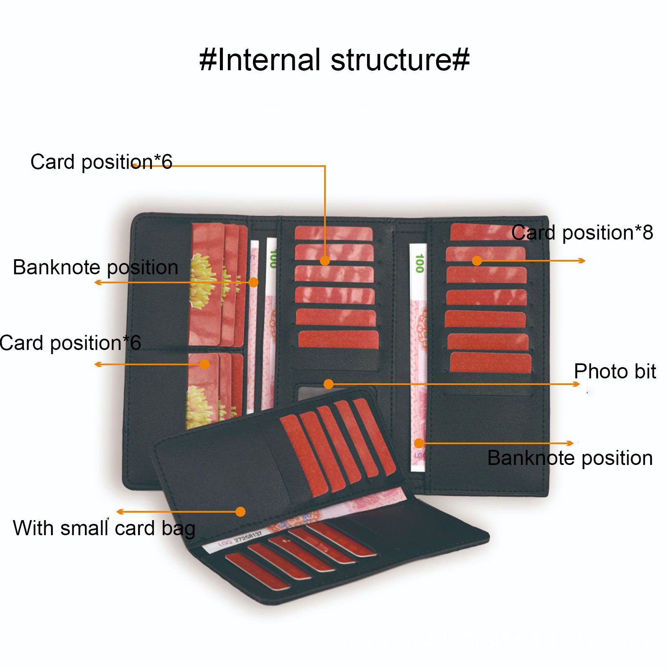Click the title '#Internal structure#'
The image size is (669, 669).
334,60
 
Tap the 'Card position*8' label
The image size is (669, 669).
582,232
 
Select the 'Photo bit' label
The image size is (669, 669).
615,371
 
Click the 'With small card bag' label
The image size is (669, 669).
104,528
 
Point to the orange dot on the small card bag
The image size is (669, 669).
240,511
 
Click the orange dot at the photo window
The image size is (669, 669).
329,384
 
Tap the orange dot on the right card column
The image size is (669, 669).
477,261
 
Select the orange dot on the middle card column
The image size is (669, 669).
325,260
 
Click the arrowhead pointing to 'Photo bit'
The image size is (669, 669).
577,384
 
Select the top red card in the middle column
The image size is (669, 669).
333,233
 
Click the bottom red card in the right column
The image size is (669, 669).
490,362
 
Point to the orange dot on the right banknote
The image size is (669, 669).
419,443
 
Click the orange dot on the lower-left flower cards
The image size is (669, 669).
204,364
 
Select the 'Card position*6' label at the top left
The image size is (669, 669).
101,162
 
